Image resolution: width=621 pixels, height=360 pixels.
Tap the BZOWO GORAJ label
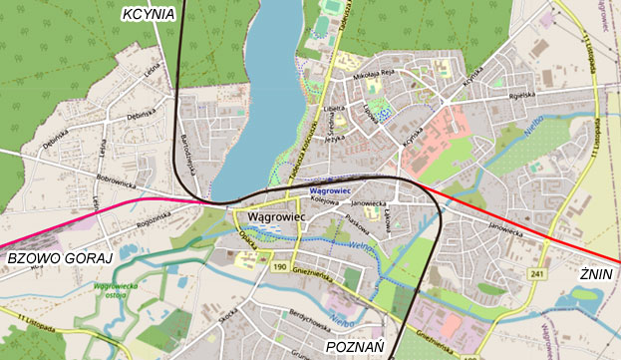(57, 258)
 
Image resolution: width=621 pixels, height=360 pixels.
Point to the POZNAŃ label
(356, 347)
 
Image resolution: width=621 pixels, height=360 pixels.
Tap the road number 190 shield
(279, 267)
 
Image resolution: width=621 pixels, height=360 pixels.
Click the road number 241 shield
(539, 272)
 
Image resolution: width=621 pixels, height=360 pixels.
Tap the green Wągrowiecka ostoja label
(113, 291)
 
